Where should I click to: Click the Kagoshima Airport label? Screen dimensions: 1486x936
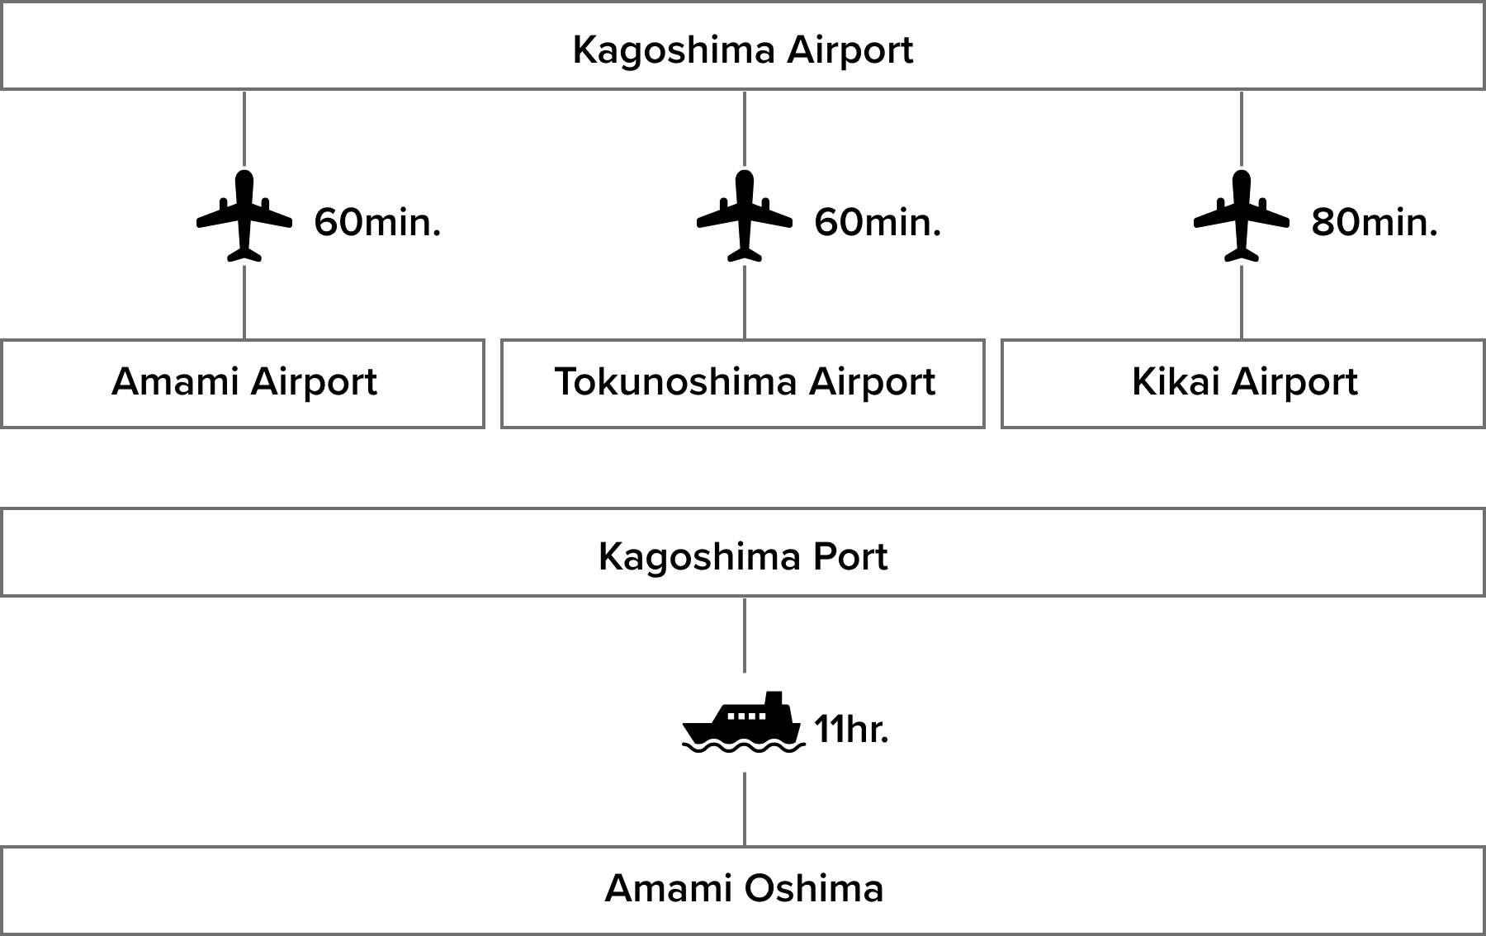[x=742, y=50]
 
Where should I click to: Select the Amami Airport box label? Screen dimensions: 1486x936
[x=244, y=382]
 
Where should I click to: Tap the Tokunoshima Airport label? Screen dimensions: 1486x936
[x=744, y=382]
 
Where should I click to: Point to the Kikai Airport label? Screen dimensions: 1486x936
[x=1244, y=382]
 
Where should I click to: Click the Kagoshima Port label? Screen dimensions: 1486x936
[x=742, y=556]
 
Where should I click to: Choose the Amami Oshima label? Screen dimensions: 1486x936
[x=744, y=889]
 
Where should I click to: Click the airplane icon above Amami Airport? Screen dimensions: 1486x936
[x=244, y=215]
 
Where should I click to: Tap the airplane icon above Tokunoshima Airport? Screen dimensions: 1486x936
[x=745, y=215]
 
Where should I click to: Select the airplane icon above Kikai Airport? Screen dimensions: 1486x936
[x=1242, y=215]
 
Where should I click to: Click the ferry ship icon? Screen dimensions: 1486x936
[x=744, y=723]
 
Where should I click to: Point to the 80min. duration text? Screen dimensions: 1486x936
[x=1375, y=223]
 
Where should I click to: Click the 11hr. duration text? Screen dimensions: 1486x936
[x=851, y=730]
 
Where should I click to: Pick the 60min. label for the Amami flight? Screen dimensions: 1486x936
[x=377, y=223]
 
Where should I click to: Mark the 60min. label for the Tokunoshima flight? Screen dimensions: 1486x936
[x=878, y=223]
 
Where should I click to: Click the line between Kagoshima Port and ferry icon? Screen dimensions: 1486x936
[x=745, y=634]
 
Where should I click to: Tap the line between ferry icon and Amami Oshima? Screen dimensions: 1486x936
[x=745, y=809]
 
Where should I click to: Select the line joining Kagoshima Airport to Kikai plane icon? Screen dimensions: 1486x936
[x=1242, y=128]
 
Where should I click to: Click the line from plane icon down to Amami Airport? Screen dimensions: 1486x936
[x=244, y=302]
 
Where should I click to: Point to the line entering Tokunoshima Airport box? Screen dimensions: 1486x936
[x=745, y=302]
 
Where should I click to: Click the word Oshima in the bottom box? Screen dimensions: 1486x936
[x=814, y=889]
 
